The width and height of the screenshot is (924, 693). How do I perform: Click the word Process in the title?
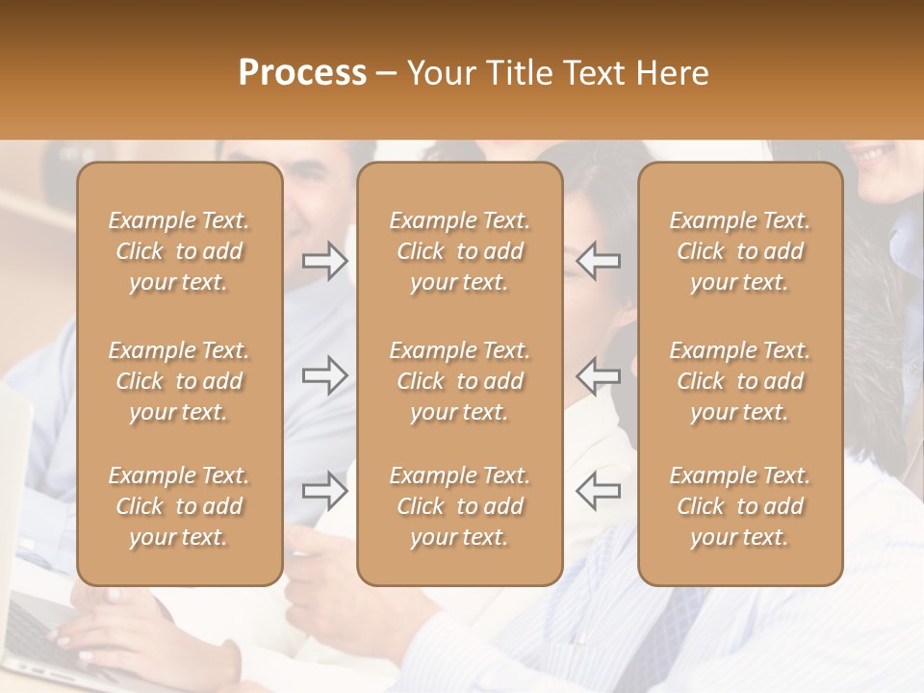[302, 73]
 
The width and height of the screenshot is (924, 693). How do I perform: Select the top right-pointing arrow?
[325, 261]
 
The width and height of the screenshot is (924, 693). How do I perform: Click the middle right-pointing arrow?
[325, 375]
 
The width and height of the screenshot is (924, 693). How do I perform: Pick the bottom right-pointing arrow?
[325, 491]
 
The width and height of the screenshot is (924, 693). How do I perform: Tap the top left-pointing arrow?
[598, 261]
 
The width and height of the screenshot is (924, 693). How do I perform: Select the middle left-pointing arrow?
[598, 375]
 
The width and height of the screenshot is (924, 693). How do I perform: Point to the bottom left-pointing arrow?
[598, 491]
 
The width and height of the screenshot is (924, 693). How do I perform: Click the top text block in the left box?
[179, 251]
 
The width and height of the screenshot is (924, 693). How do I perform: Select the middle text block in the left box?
[179, 381]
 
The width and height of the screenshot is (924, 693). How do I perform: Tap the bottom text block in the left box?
[179, 506]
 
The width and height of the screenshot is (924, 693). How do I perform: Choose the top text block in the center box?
[459, 251]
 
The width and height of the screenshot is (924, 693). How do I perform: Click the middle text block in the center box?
[459, 381]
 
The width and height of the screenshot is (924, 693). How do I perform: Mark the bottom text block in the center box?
[459, 506]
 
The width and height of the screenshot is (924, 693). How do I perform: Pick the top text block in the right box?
[739, 251]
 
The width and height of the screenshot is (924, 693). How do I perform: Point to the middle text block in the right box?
[739, 381]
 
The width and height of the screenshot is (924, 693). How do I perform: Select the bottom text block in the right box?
[739, 506]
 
